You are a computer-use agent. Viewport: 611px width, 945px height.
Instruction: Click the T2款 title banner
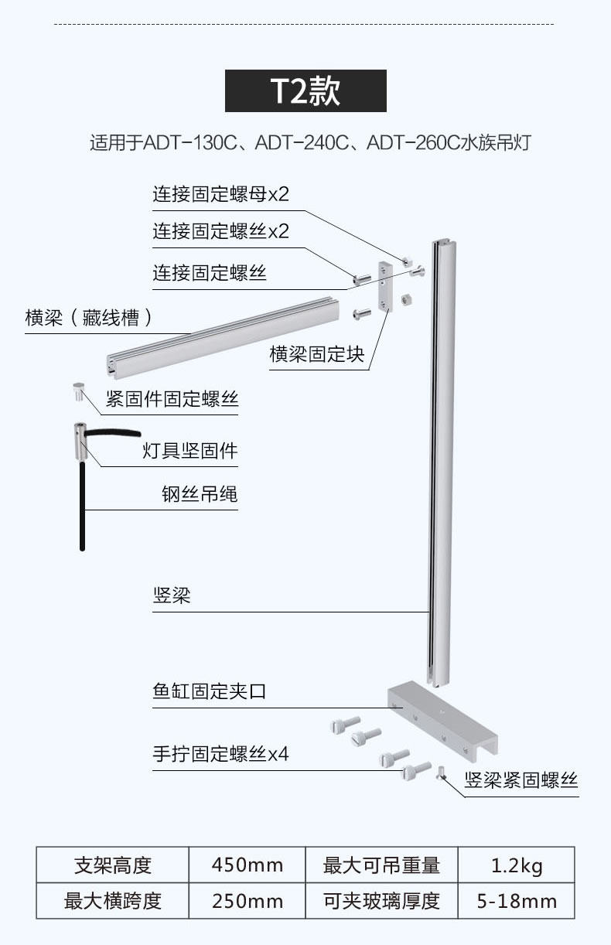click(305, 91)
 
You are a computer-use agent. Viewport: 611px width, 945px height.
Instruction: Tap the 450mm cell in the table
click(247, 865)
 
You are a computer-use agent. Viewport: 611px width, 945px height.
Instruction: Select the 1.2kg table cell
click(517, 865)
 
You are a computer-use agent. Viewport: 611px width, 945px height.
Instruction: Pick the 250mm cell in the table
click(247, 901)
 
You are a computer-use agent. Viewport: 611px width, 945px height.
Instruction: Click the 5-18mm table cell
click(517, 901)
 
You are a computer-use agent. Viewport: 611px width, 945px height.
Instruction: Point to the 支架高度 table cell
click(113, 865)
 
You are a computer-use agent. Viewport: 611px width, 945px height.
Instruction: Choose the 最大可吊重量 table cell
click(381, 865)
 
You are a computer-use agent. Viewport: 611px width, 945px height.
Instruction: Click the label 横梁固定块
click(316, 355)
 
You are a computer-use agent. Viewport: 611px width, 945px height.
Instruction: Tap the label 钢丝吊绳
click(200, 494)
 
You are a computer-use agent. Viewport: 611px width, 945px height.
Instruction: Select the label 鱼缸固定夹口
click(209, 691)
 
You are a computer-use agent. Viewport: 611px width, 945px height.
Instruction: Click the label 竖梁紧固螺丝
click(521, 780)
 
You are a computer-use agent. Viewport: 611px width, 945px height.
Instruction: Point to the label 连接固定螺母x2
click(220, 194)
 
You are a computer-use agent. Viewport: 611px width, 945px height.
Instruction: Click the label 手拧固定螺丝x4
click(220, 754)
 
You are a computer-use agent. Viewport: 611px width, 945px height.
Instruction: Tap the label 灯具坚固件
click(190, 450)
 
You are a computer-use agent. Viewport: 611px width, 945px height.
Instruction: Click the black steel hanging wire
click(82, 503)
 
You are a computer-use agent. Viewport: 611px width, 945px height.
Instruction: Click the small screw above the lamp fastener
click(79, 391)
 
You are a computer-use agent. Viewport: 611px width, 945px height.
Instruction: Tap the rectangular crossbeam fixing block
click(384, 284)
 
